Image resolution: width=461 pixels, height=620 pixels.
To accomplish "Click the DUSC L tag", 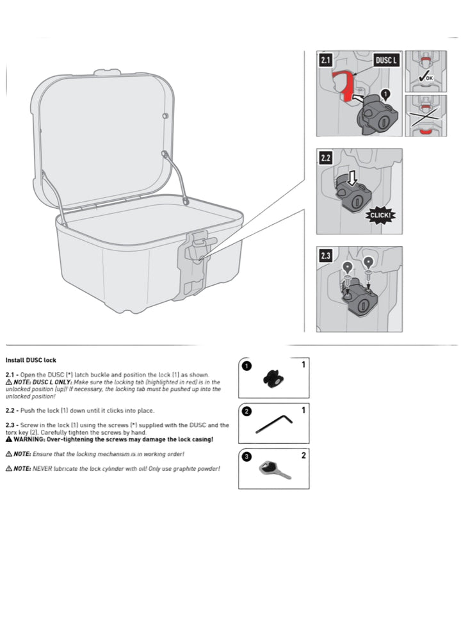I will coord(386,61).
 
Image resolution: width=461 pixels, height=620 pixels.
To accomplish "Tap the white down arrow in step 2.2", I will coord(351,179).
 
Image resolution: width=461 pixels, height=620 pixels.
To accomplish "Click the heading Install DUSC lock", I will coord(31,360).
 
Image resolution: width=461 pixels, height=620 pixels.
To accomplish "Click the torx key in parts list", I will coord(273,423).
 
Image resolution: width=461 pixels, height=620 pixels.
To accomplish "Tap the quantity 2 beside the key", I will coord(304,455).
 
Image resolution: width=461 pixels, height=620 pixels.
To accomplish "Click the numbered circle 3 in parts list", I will coord(247,457).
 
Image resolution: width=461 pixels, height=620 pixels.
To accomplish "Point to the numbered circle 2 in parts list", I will coord(247,411).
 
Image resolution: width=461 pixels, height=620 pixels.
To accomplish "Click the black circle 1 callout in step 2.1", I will coord(385,94).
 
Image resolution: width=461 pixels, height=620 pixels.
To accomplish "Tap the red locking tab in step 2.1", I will coord(344,85).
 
